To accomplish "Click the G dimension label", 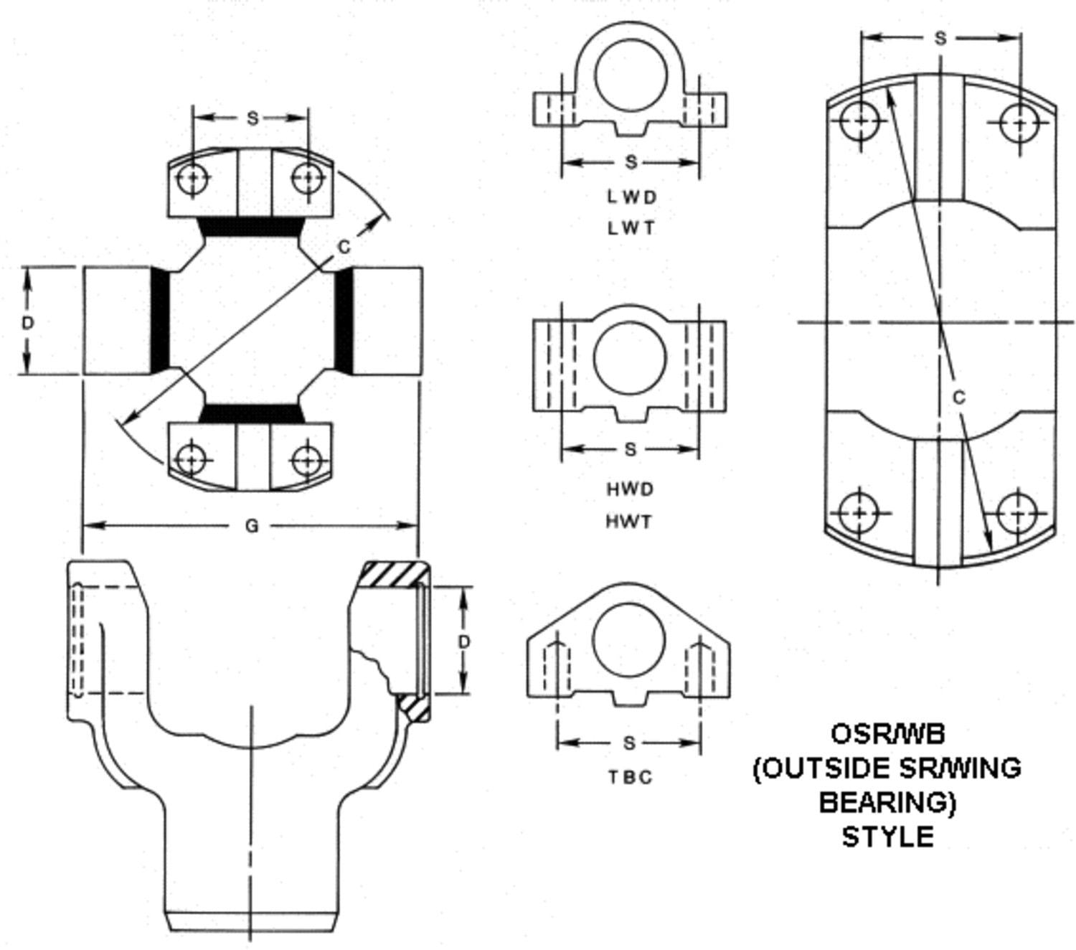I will [251, 526].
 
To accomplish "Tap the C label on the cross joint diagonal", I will [344, 247].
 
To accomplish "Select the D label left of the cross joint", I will [27, 323].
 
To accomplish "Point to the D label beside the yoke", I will [464, 641].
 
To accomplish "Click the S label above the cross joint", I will [252, 118].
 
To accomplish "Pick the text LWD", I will [631, 196].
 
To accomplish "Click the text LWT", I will [631, 228].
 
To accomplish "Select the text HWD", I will [631, 489].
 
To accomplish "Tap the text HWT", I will [631, 522].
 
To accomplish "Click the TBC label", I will [631, 777].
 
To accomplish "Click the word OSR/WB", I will [888, 733].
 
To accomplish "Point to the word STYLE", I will [888, 837].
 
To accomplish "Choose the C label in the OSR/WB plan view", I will [959, 397].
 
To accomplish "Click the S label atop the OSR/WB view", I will [940, 39].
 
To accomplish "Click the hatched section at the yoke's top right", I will [393, 574].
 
